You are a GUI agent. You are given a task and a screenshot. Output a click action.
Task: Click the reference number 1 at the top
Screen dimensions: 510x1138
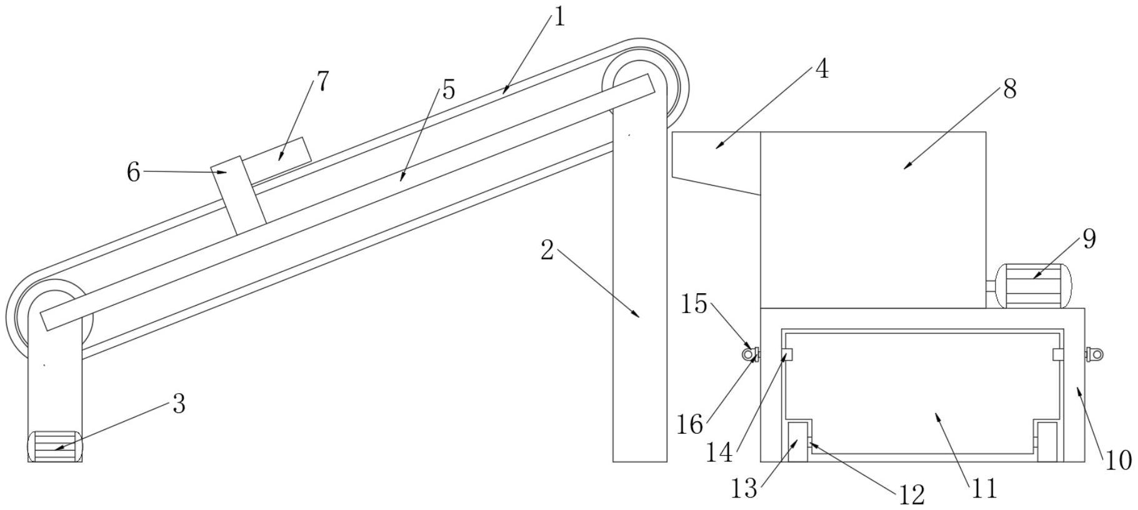point(559,17)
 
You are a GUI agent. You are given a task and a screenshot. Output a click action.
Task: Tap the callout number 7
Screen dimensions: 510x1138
point(322,82)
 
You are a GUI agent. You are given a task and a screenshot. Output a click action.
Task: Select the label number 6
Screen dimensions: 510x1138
point(134,172)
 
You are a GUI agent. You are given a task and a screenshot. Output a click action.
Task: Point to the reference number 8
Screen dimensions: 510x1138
point(1010,89)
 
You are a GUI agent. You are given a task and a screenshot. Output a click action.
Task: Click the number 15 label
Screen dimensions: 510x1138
point(694,304)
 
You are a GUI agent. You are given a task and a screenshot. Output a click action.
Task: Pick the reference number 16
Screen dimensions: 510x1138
point(690,426)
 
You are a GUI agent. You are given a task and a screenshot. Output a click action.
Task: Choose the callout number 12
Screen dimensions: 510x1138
point(911,495)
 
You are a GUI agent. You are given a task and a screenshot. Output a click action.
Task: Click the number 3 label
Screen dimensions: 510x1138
point(179,404)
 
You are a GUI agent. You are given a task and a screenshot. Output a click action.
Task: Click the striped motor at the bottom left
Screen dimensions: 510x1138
point(55,446)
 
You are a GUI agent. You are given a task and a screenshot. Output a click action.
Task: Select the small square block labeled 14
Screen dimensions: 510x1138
point(787,354)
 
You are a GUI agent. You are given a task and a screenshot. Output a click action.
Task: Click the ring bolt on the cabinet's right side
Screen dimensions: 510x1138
point(1096,354)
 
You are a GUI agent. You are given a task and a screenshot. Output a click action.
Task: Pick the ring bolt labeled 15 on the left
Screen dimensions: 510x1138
point(749,354)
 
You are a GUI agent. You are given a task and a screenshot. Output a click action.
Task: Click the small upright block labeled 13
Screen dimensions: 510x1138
point(797,442)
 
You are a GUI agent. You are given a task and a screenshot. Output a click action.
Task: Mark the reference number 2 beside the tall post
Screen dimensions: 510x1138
point(547,251)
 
